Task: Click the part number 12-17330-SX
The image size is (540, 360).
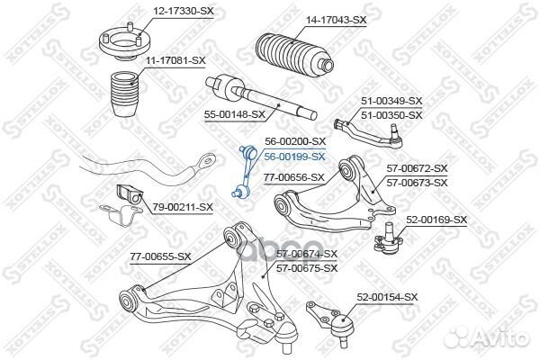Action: coord(184,11)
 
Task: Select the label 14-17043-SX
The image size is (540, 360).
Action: coord(337,21)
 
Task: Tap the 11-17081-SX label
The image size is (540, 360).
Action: coord(175,61)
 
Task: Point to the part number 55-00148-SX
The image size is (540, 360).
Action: coord(235,114)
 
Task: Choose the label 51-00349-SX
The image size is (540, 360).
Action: coord(391,101)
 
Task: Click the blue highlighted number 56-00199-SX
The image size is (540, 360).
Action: coord(294,157)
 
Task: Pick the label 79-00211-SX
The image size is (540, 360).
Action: coord(183,207)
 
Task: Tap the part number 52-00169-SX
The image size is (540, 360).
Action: coord(436,220)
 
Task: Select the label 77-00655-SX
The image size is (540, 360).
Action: coord(160,256)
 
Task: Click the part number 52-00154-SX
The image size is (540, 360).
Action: coord(387,297)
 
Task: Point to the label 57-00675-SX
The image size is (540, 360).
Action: coord(307,268)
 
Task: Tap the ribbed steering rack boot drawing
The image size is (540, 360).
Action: coord(295,54)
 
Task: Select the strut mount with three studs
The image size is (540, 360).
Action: coord(125,41)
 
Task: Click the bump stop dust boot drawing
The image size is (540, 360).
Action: coord(125,94)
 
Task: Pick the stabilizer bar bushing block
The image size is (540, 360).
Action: coord(130,195)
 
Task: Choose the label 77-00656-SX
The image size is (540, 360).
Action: coord(294,178)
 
